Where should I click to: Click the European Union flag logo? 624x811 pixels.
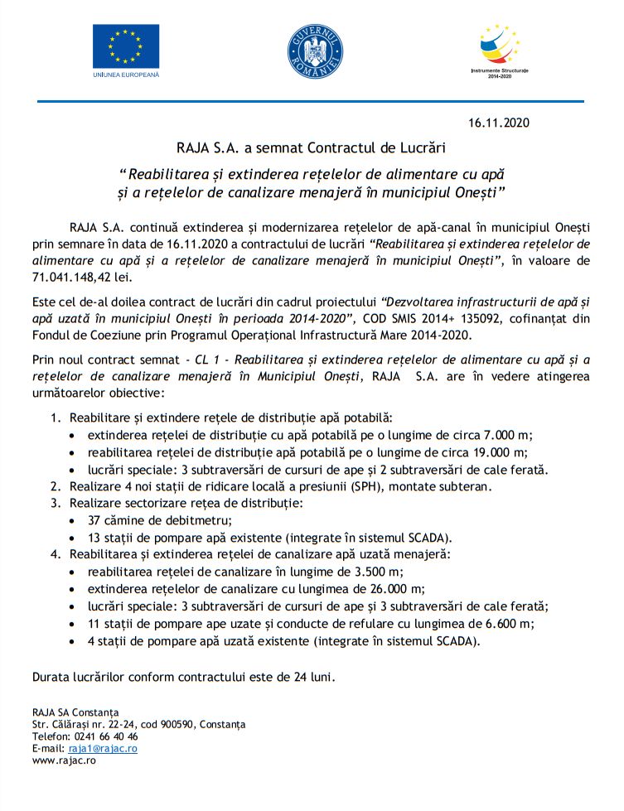(x=125, y=45)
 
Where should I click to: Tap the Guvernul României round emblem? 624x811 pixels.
(x=314, y=47)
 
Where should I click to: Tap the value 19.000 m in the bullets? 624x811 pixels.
(x=498, y=451)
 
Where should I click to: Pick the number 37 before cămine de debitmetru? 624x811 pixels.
(x=94, y=520)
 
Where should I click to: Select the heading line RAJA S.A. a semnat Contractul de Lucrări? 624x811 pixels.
(x=312, y=149)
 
